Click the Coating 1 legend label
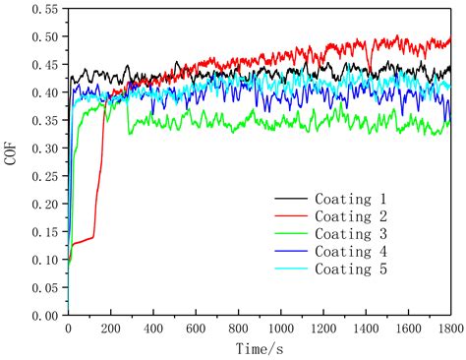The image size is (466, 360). tap(355, 198)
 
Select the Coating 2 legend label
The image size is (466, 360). tap(355, 215)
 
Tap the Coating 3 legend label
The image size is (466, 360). tap(355, 233)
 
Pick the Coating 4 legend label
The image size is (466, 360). tap(355, 251)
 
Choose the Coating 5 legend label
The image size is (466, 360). tap(355, 269)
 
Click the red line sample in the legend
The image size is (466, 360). tap(291, 216)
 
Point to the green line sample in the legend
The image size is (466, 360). tap(291, 234)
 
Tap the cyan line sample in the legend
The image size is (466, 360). tap(291, 270)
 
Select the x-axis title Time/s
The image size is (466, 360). tap(260, 349)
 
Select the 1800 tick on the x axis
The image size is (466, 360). tap(450, 330)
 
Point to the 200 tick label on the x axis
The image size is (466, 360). tap(110, 330)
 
